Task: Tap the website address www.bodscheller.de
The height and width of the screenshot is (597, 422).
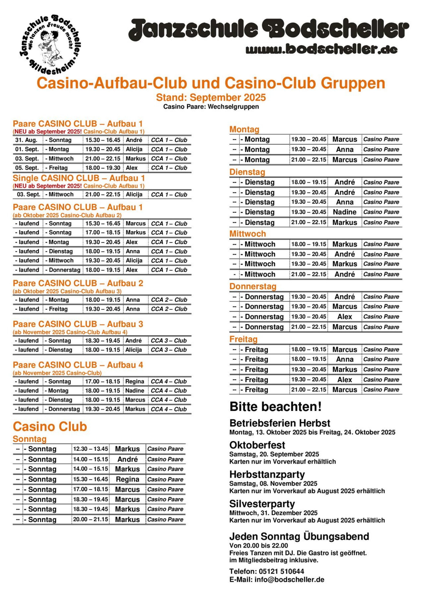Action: pos(321,49)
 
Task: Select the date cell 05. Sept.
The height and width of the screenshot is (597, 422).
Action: pos(27,168)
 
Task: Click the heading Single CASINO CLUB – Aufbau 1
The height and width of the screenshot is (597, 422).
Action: pos(78,178)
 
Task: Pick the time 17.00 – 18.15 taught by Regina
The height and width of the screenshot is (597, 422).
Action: pos(103,381)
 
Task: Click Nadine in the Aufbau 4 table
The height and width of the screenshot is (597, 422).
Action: pos(135,391)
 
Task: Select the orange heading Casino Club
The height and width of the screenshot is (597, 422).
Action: pos(50,427)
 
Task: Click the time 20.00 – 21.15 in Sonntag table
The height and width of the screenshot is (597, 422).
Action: pos(90,519)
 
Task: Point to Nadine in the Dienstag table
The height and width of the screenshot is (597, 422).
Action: pos(344,212)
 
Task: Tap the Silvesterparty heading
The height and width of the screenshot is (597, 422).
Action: pos(262,504)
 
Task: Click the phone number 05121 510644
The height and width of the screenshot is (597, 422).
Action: pos(281,571)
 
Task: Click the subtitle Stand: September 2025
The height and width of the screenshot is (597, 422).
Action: pos(211,98)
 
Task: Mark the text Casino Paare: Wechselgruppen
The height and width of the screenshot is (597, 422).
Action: pos(211,107)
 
